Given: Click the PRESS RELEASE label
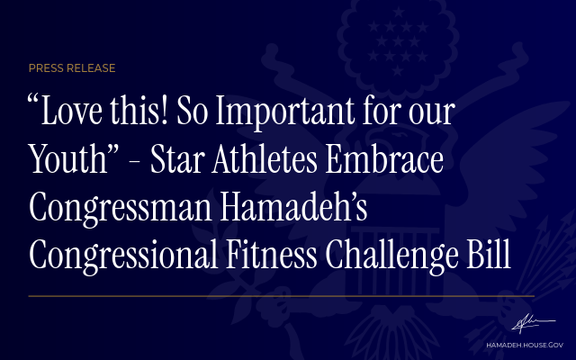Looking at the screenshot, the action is click(72, 68).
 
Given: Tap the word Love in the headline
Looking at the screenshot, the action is click(71, 111).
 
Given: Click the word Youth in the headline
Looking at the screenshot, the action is click(68, 158).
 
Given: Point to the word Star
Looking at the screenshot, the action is click(178, 159).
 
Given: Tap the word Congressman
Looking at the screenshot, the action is click(121, 209).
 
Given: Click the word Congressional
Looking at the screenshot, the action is click(123, 256).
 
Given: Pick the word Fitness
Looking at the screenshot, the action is click(272, 254).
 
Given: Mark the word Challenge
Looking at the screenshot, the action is click(392, 256).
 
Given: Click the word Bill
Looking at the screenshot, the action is click(489, 254).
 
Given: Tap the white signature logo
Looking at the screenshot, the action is click(534, 323).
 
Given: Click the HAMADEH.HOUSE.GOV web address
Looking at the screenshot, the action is click(525, 346).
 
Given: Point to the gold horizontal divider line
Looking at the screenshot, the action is click(282, 296).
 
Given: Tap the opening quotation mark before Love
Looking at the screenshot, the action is click(33, 100).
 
